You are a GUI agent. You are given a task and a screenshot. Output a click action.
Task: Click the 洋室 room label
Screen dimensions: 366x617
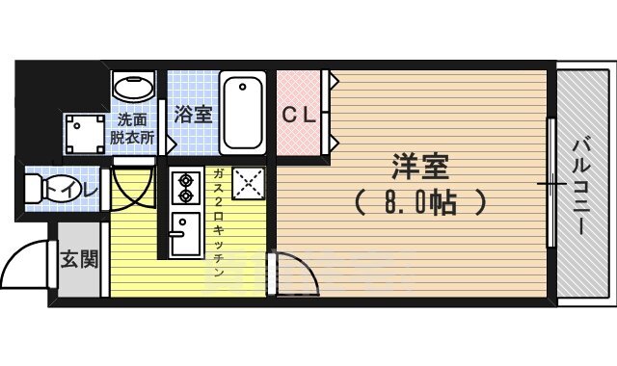420,165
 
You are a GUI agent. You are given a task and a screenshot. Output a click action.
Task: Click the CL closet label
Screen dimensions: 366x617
299,115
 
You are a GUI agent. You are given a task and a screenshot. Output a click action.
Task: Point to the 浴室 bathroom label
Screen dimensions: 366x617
193,114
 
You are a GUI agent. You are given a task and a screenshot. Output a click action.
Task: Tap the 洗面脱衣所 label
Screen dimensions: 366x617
132,129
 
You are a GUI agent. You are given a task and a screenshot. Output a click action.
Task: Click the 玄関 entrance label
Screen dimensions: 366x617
78,259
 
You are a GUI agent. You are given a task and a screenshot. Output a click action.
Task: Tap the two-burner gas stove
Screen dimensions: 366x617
183,190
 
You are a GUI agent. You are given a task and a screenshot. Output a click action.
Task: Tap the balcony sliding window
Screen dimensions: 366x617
550,183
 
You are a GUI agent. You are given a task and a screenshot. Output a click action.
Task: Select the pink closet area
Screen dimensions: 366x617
302,113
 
